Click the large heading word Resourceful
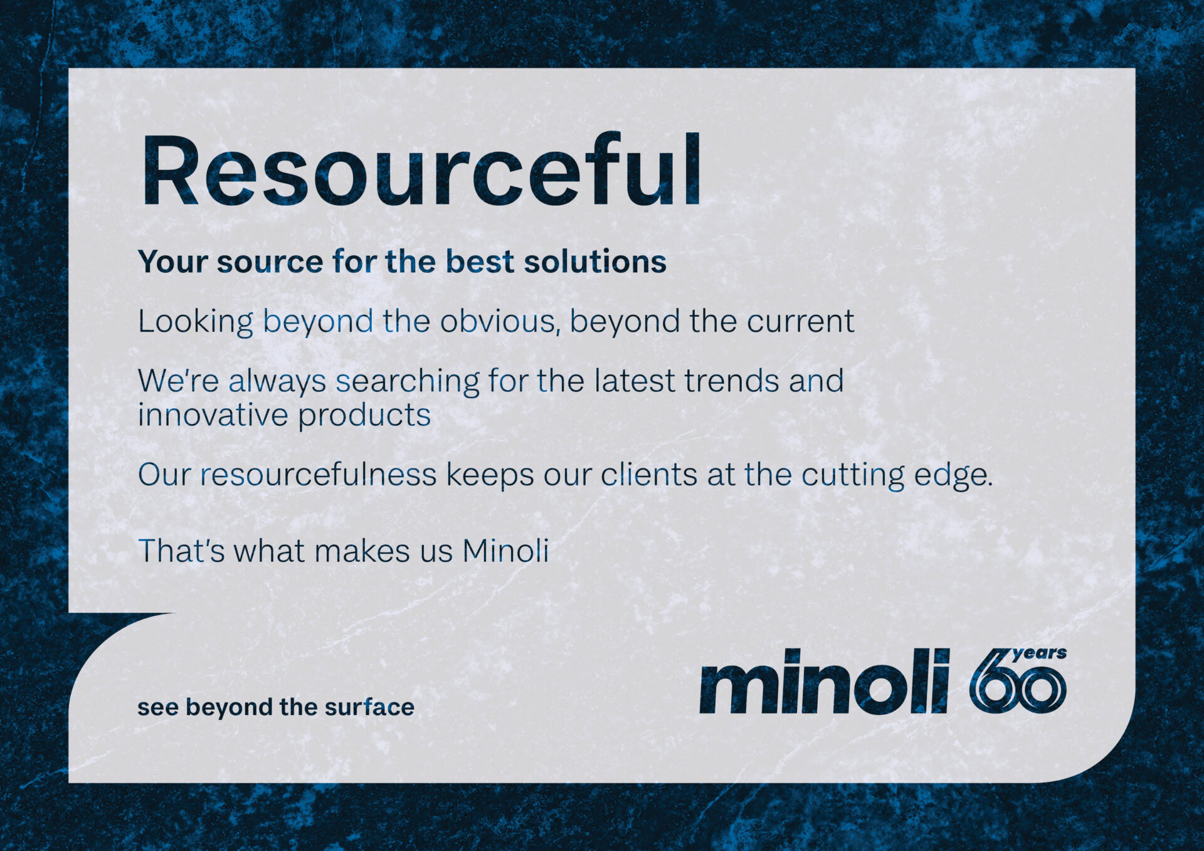[421, 169]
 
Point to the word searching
[408, 381]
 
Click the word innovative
[213, 415]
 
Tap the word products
[364, 415]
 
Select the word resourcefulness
[319, 474]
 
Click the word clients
[649, 474]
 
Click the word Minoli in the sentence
[505, 551]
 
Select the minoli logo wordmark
[825, 681]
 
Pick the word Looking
[196, 322]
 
